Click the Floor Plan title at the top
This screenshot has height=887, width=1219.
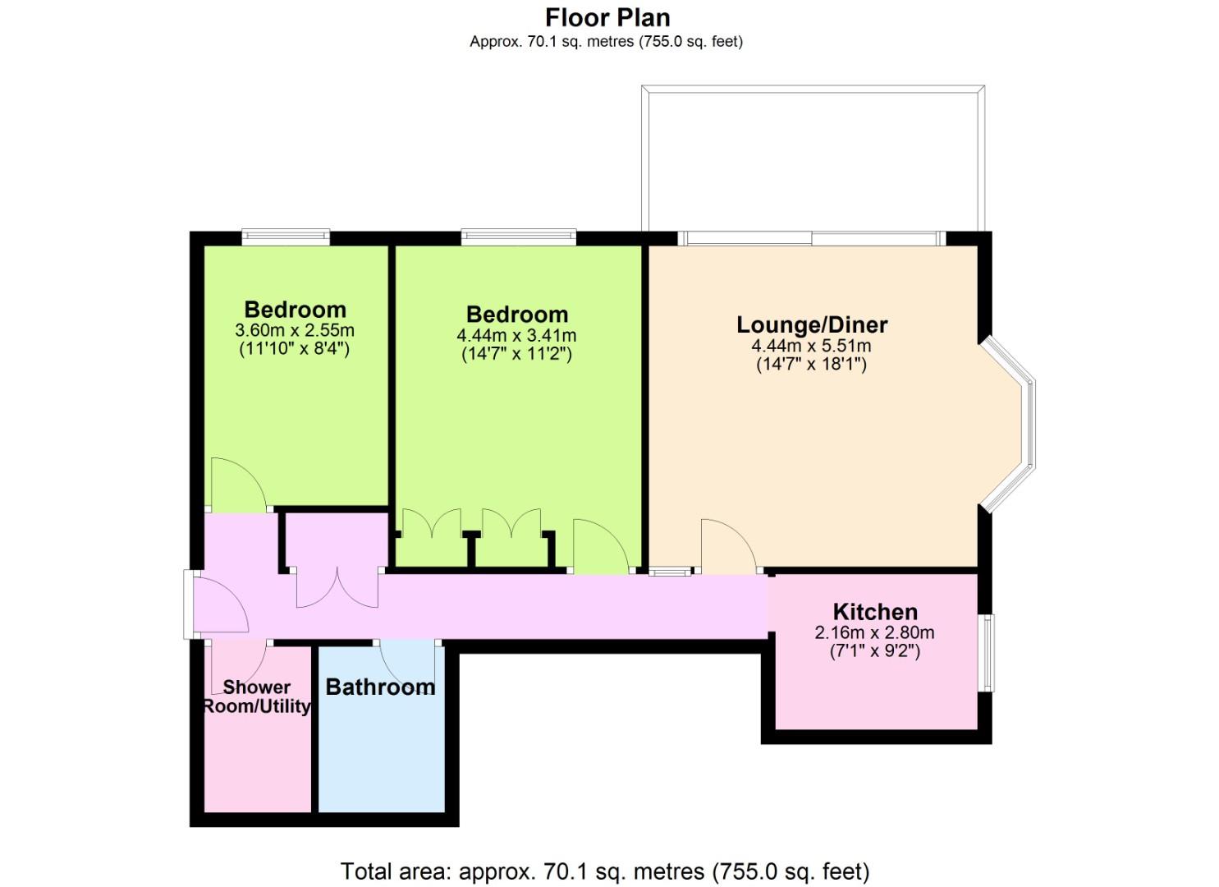coord(607,18)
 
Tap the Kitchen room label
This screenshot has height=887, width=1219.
coord(876,612)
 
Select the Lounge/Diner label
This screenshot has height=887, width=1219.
coord(812,324)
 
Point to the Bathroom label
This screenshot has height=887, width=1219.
coord(380,687)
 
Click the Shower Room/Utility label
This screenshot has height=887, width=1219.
coord(256,697)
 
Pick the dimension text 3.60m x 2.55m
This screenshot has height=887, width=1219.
coord(295,330)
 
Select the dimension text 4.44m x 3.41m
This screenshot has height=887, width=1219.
coord(516,335)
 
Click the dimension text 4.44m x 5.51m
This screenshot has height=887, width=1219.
coord(811,345)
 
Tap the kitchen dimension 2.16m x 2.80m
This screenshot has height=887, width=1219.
coord(874,632)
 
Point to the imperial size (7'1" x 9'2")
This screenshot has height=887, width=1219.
coord(874,651)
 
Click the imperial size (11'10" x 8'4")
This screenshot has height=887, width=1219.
coord(295,348)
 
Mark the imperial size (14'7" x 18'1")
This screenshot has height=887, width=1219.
coord(811,364)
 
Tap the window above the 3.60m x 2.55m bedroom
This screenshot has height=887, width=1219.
coord(286,237)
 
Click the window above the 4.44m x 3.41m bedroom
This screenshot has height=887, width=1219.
coord(519,237)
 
